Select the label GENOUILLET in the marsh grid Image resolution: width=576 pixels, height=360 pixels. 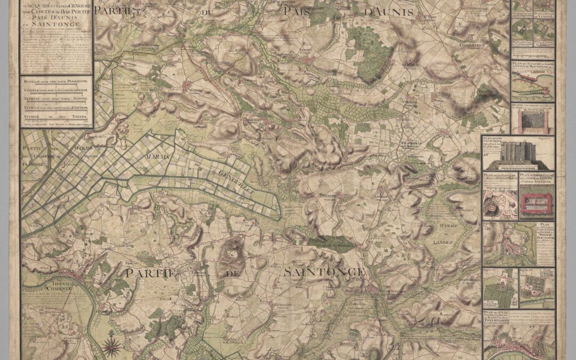point(233,176)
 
